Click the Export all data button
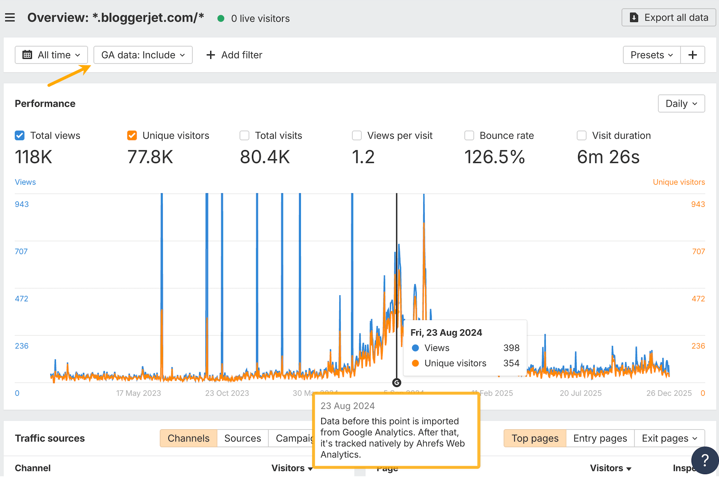[669, 17]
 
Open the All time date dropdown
[51, 55]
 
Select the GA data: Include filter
[143, 55]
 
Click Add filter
[234, 55]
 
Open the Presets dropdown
[652, 55]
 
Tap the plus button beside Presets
[692, 55]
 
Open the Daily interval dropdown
[681, 103]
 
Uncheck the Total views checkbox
[20, 136]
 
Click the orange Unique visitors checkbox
[132, 136]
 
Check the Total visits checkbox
[245, 136]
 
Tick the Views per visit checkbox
[357, 136]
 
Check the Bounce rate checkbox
[469, 136]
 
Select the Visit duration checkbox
[582, 136]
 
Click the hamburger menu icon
[10, 17]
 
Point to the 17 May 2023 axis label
[138, 393]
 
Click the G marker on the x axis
[397, 382]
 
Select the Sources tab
[242, 438]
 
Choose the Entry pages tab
[600, 438]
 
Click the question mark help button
[705, 460]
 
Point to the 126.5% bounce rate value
[494, 157]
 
